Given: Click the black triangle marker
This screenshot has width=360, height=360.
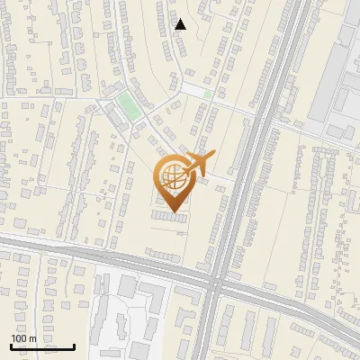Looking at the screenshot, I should (x=181, y=24).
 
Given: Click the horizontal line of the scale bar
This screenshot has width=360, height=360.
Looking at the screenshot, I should (x=42, y=346).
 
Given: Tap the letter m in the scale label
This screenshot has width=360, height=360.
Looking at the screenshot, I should (x=33, y=338).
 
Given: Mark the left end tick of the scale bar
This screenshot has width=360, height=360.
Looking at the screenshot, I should (x=11, y=346).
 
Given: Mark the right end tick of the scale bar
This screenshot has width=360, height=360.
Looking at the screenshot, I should (x=74, y=346).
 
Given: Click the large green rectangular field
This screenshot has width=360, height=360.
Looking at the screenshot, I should (x=130, y=106).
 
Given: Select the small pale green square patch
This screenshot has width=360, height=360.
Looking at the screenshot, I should (x=208, y=94).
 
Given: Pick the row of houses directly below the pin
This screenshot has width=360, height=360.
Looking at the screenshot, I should (x=166, y=217).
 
